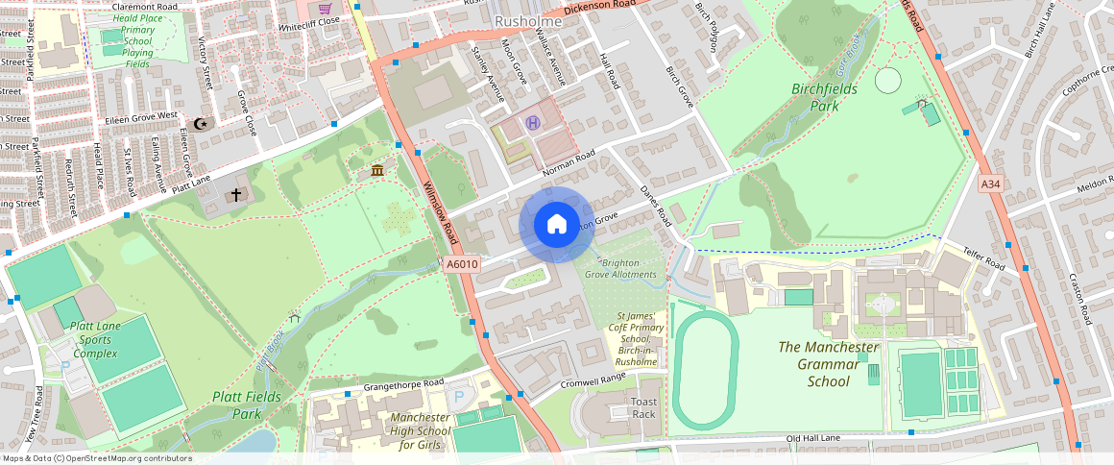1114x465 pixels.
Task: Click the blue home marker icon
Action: (556, 225)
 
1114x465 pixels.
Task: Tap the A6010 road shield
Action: (462, 264)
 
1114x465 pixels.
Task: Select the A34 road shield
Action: (991, 184)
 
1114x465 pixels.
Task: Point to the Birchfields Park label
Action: (828, 96)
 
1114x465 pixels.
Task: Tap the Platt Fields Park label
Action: (247, 404)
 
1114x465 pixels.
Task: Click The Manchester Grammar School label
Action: (828, 364)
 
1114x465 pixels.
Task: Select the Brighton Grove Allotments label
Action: (629, 268)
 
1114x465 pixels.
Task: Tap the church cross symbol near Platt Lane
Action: (235, 195)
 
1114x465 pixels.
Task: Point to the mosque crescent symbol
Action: (201, 124)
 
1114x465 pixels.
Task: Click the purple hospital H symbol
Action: (533, 122)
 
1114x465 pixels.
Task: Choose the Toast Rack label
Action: (643, 407)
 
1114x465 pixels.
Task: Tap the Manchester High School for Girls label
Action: (420, 431)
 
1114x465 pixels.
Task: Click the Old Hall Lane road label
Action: (813, 439)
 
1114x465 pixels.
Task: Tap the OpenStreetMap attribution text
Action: (98, 458)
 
